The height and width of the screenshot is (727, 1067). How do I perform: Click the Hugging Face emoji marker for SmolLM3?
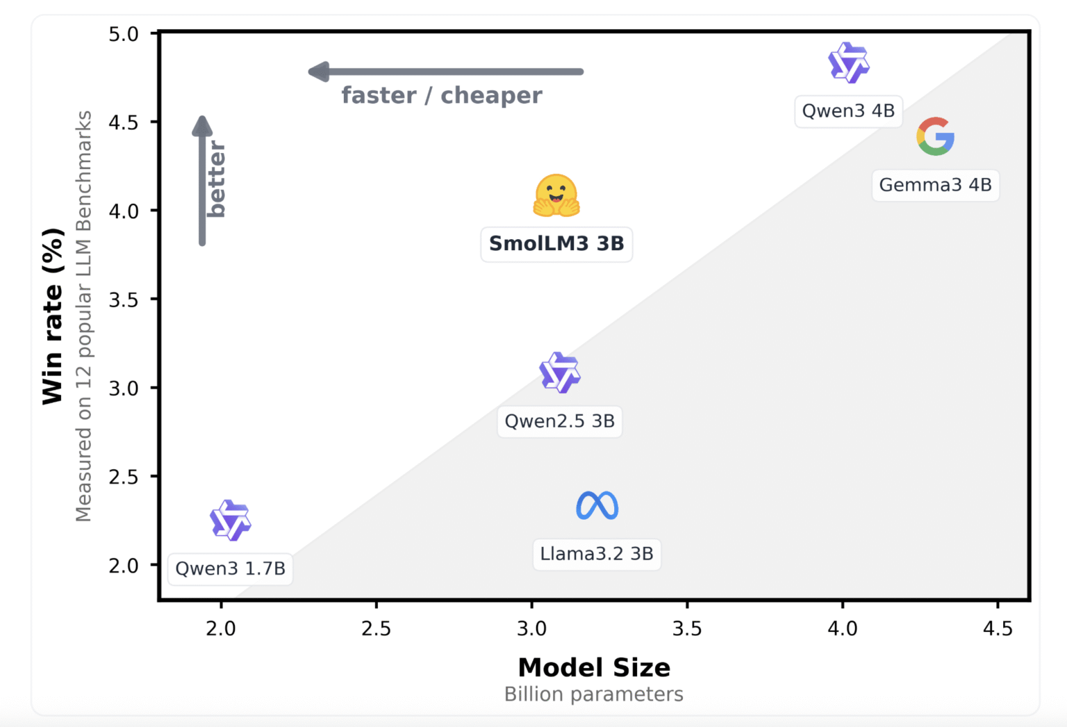coord(556,195)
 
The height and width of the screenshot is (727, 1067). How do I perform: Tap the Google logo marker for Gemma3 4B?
coord(935,136)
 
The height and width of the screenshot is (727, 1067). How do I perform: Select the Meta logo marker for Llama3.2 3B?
coord(597,506)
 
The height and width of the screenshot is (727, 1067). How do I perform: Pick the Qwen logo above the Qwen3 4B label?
coord(848,63)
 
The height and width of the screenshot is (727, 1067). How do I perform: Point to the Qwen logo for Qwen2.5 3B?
coord(560,373)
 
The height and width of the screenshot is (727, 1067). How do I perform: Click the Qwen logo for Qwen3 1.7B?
coord(230,520)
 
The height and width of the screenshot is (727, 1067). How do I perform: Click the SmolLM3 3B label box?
coord(556,244)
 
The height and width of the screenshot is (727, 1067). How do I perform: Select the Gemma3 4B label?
coord(935,186)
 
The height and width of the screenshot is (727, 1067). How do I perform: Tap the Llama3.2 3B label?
coord(597,554)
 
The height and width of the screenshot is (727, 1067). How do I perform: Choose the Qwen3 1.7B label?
coord(230,569)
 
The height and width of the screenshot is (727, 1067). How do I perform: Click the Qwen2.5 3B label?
coord(560,421)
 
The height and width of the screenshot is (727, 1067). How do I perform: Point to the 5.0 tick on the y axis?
coord(124,34)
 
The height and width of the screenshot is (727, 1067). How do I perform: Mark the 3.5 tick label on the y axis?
coord(124,300)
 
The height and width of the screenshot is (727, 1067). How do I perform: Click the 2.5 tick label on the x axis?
coord(376,629)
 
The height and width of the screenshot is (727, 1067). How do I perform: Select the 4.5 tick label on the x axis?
coord(998,629)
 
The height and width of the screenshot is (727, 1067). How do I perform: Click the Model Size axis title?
coord(594,668)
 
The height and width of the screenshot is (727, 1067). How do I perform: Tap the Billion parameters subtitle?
coord(594,694)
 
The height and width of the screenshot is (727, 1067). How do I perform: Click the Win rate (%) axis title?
coord(53,316)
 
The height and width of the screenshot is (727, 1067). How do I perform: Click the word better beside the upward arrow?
coord(217,179)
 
